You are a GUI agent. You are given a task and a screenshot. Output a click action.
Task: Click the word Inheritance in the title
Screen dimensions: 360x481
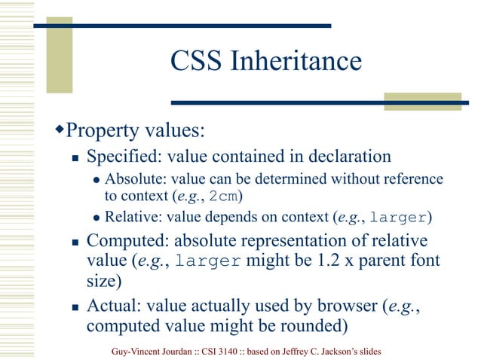[297, 61]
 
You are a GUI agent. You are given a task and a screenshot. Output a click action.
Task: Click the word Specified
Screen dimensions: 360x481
[124, 157]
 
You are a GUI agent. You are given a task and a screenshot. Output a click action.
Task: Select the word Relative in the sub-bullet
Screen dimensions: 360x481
[133, 218]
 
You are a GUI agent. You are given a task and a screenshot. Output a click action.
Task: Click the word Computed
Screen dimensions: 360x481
[126, 242]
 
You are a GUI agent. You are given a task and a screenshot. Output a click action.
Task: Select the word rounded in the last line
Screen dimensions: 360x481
[302, 326]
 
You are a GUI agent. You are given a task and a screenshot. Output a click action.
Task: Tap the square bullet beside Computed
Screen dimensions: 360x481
[75, 243]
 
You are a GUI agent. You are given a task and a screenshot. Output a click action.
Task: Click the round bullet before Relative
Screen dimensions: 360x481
[97, 219]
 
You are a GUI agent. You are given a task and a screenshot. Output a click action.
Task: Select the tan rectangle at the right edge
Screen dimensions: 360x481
[423, 102]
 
